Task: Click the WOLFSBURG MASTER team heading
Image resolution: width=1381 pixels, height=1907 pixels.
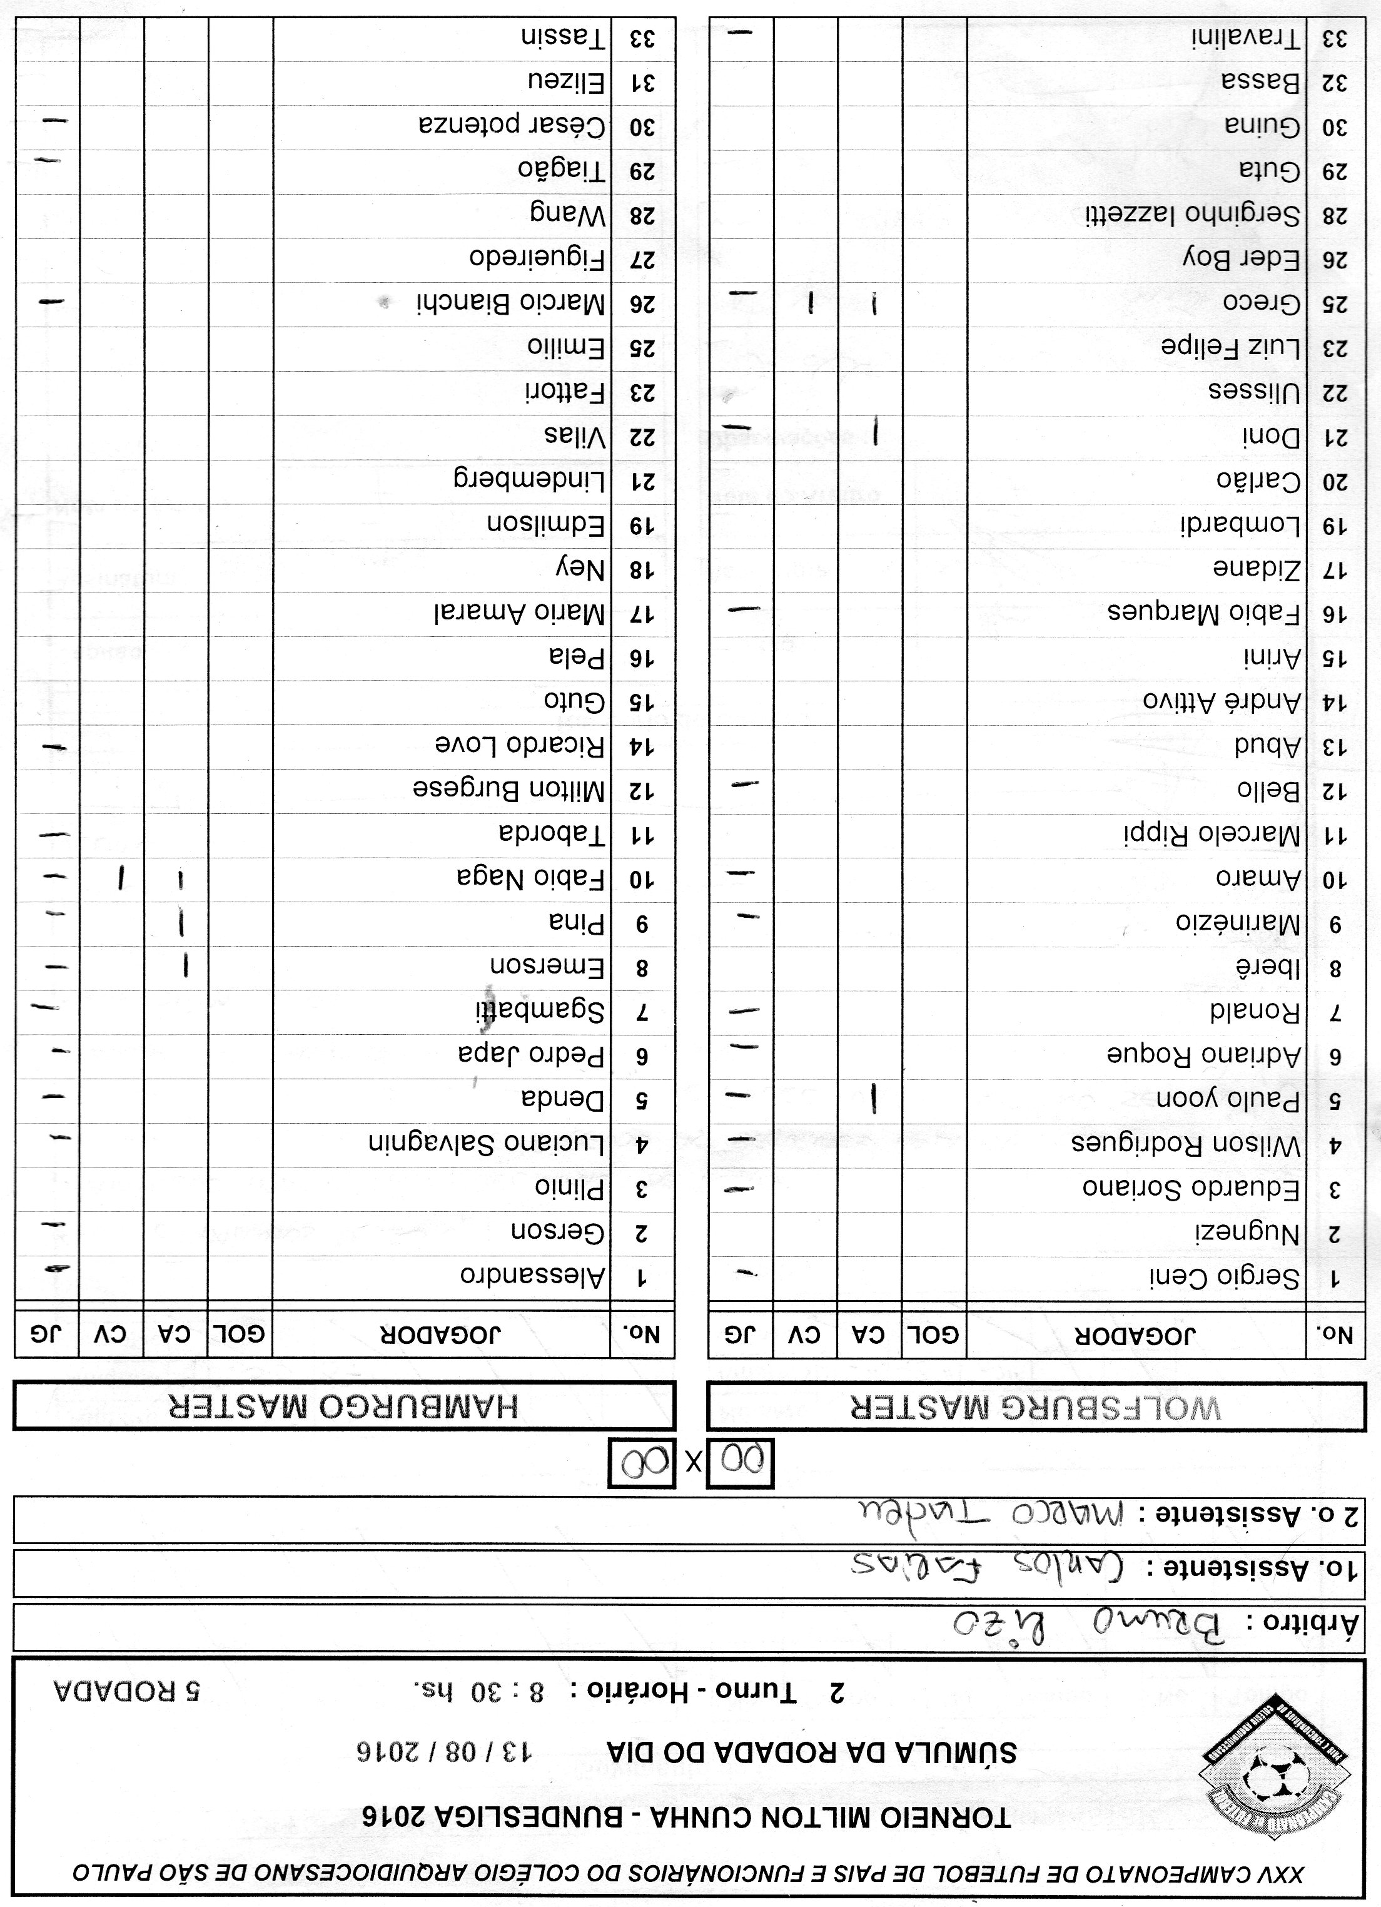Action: pos(1036,1406)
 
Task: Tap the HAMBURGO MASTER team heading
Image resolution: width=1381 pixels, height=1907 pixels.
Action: pos(344,1406)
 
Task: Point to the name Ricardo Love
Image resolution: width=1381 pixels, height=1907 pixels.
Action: pos(520,746)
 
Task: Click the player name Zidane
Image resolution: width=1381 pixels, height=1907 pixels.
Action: pos(1257,569)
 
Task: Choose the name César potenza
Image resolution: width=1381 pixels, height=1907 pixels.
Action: pos(512,126)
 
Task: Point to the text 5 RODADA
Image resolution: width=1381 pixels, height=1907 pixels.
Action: pos(126,1692)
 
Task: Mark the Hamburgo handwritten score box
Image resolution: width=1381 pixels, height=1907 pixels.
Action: pos(641,1464)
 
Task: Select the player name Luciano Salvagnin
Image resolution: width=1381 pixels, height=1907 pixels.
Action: pos(487,1144)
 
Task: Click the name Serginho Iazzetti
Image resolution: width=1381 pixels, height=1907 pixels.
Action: pos(1192,215)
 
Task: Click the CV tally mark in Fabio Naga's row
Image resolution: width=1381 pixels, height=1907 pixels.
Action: pos(123,878)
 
